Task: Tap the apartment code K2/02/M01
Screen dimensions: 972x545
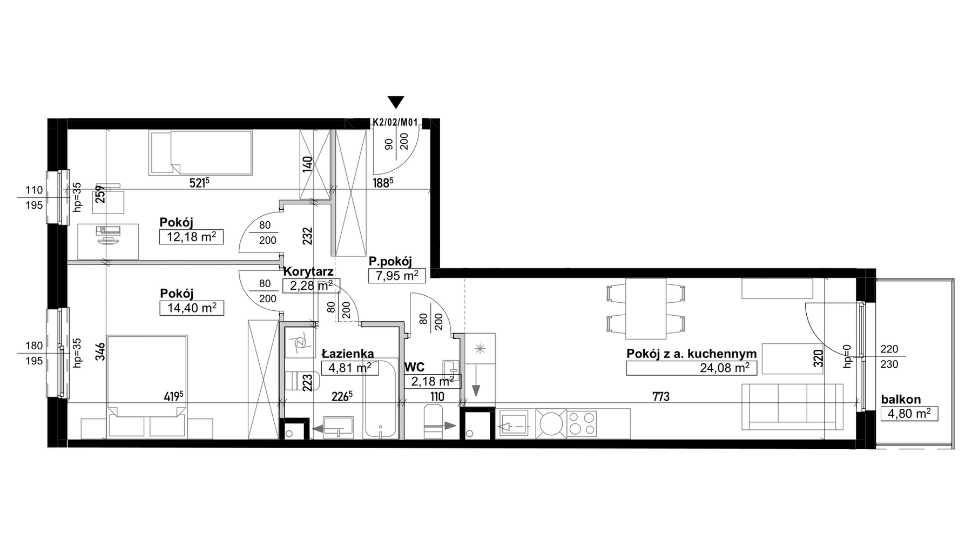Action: pos(396,123)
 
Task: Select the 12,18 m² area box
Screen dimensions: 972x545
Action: pos(191,237)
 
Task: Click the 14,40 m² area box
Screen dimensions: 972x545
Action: pos(192,308)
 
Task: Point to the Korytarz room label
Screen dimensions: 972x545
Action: pos(308,271)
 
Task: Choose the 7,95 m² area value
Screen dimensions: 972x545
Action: pos(396,276)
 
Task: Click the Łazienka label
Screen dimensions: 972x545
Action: pos(348,354)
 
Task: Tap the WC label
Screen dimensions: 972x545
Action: pos(415,368)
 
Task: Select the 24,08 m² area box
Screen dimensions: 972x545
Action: pos(691,368)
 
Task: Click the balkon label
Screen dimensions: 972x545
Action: pos(901,400)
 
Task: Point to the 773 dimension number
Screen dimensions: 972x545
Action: pos(660,397)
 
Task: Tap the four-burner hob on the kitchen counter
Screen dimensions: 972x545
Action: pos(582,423)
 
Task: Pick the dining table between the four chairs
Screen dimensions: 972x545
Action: pos(646,308)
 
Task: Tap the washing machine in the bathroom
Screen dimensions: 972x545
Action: pos(299,342)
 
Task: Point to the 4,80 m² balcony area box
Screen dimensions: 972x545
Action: pos(909,414)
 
